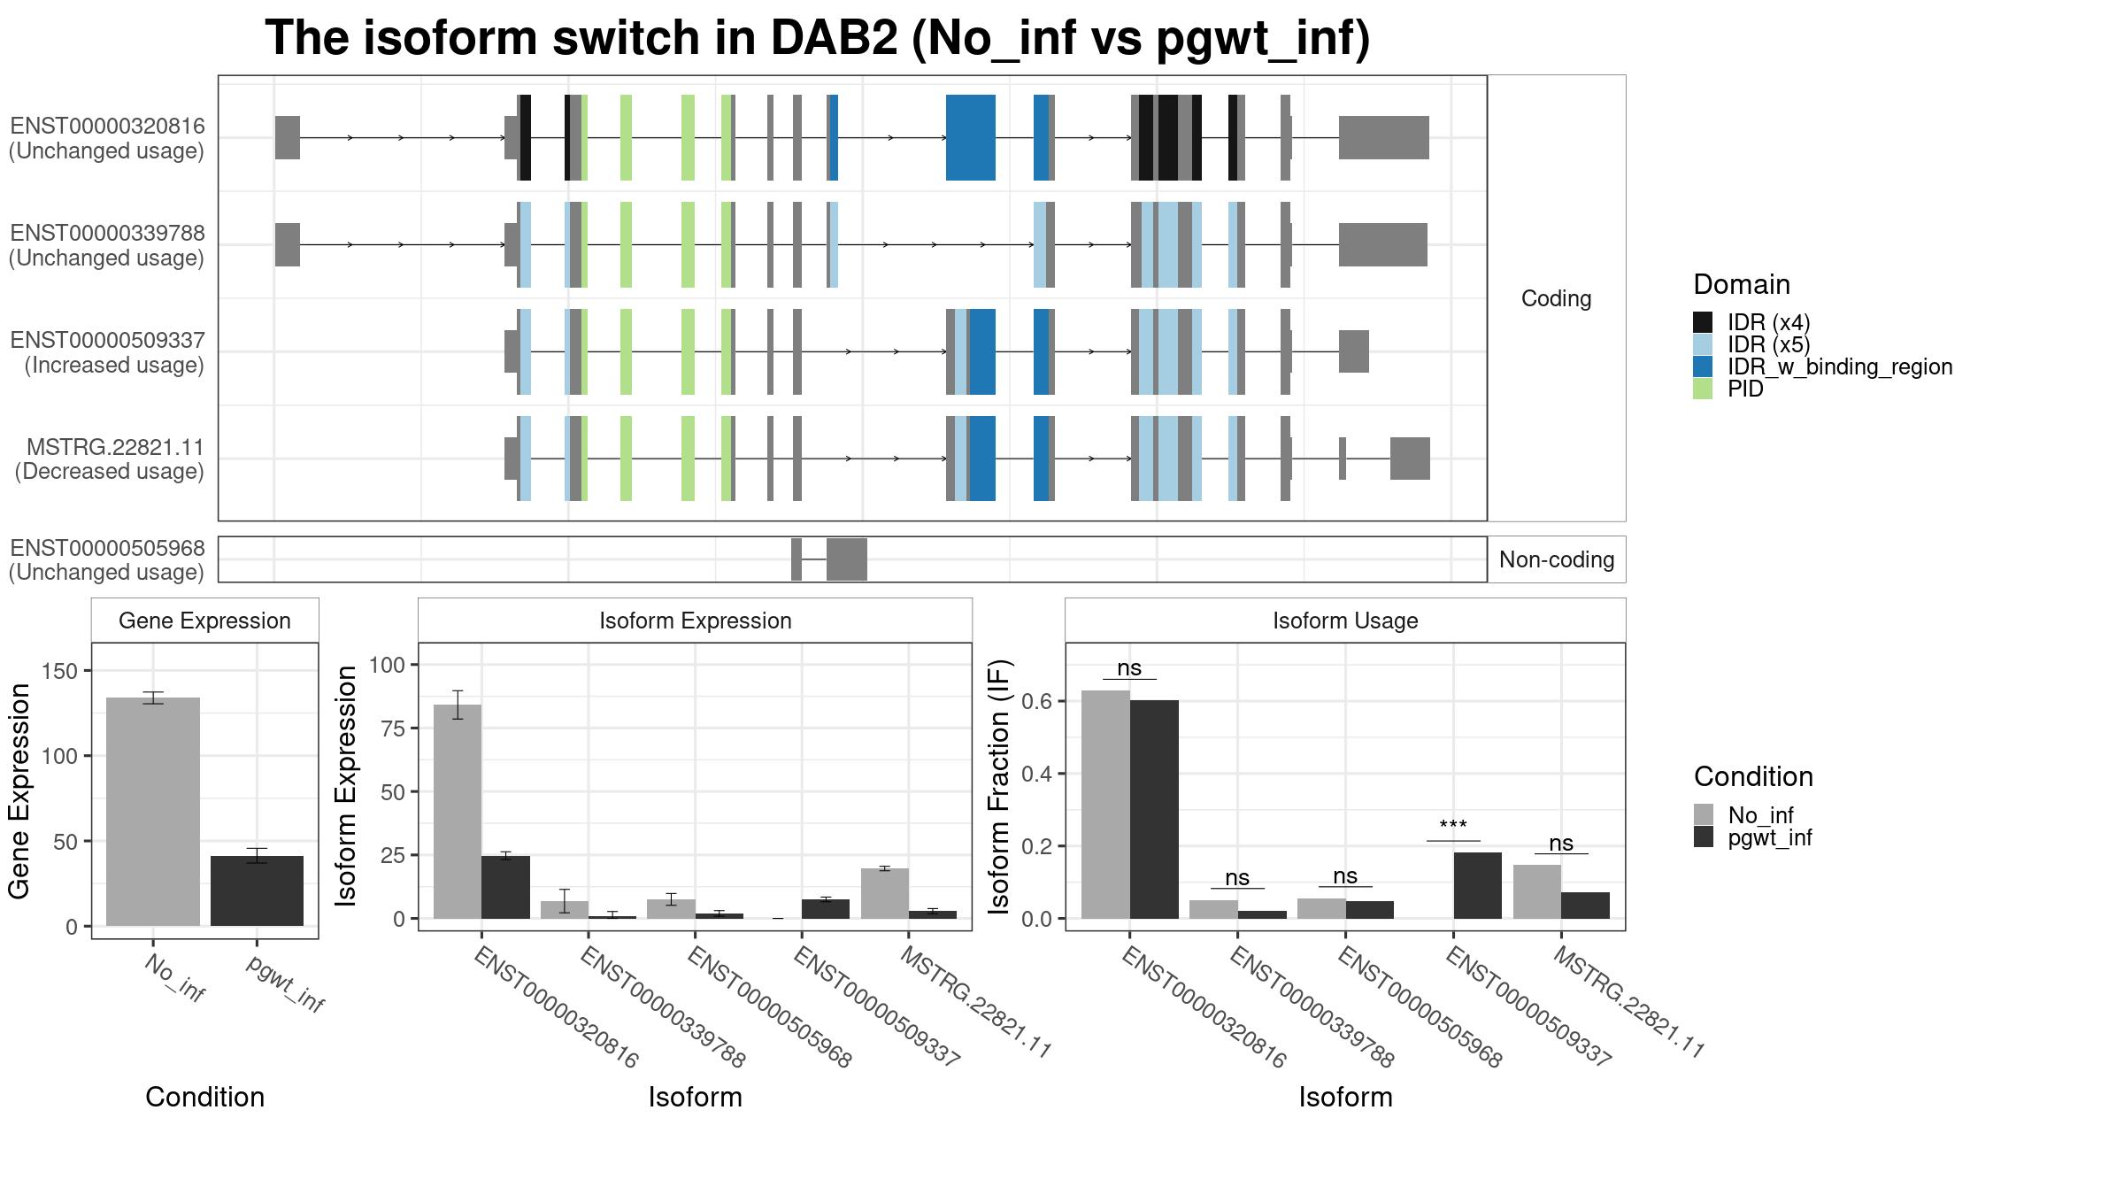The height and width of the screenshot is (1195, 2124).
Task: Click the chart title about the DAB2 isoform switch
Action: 817,39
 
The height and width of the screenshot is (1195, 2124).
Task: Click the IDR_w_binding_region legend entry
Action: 1822,366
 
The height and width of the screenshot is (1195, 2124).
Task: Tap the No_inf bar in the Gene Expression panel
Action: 153,812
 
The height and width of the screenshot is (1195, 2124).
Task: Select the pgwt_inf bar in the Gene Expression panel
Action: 257,890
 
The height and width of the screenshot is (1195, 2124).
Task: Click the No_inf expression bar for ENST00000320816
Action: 458,812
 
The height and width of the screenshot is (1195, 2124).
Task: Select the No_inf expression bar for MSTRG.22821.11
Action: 885,894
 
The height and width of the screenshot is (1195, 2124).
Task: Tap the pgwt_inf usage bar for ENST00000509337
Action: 1477,885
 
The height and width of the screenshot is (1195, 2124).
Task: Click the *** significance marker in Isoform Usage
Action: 1453,827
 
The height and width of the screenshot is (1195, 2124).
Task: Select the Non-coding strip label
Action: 1557,559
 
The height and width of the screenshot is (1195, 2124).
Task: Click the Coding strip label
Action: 1556,298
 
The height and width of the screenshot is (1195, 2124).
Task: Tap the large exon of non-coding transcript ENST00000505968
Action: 847,559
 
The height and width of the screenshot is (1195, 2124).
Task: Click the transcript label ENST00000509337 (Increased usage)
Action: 107,352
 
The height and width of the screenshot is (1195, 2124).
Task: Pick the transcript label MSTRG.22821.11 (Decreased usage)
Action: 109,459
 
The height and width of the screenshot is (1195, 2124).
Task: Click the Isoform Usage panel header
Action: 1345,621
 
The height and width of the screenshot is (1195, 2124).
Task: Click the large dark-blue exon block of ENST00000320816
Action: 971,137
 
